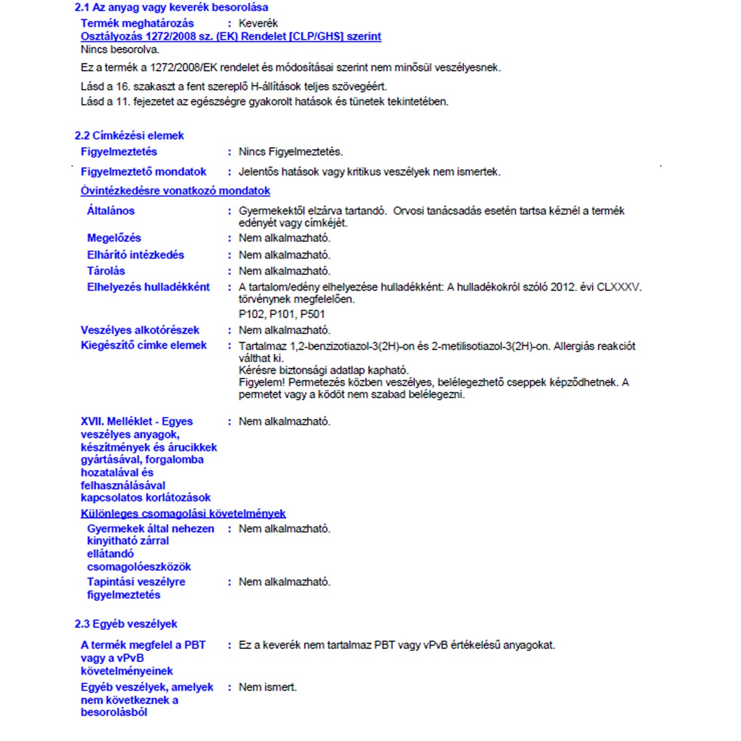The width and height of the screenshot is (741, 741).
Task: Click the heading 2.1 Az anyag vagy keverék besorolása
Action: click(171, 7)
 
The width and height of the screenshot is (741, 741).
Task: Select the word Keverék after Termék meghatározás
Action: click(258, 23)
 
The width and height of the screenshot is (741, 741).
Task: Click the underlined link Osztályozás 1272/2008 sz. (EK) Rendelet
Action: click(231, 37)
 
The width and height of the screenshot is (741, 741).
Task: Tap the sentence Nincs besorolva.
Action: click(120, 49)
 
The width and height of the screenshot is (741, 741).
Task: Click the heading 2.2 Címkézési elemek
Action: click(129, 136)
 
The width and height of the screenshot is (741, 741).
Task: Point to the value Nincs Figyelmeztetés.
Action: click(290, 152)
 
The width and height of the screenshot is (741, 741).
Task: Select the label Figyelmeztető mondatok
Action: click(143, 172)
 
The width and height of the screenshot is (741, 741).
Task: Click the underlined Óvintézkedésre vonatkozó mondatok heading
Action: click(175, 191)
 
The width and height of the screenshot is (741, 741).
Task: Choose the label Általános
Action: click(111, 211)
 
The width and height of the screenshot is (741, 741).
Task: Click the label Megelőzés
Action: click(114, 238)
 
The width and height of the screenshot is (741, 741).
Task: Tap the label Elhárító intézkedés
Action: click(135, 255)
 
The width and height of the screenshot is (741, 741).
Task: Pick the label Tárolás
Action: click(106, 271)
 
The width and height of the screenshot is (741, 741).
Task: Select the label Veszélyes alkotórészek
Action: click(140, 330)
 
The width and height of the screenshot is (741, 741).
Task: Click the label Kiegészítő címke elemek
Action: click(143, 345)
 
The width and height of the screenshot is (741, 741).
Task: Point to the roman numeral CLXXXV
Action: click(618, 287)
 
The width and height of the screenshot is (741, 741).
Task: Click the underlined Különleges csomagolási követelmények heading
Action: click(183, 514)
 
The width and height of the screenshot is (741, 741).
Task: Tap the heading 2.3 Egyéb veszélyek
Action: click(126, 624)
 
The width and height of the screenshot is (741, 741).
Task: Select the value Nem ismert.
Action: click(267, 687)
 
